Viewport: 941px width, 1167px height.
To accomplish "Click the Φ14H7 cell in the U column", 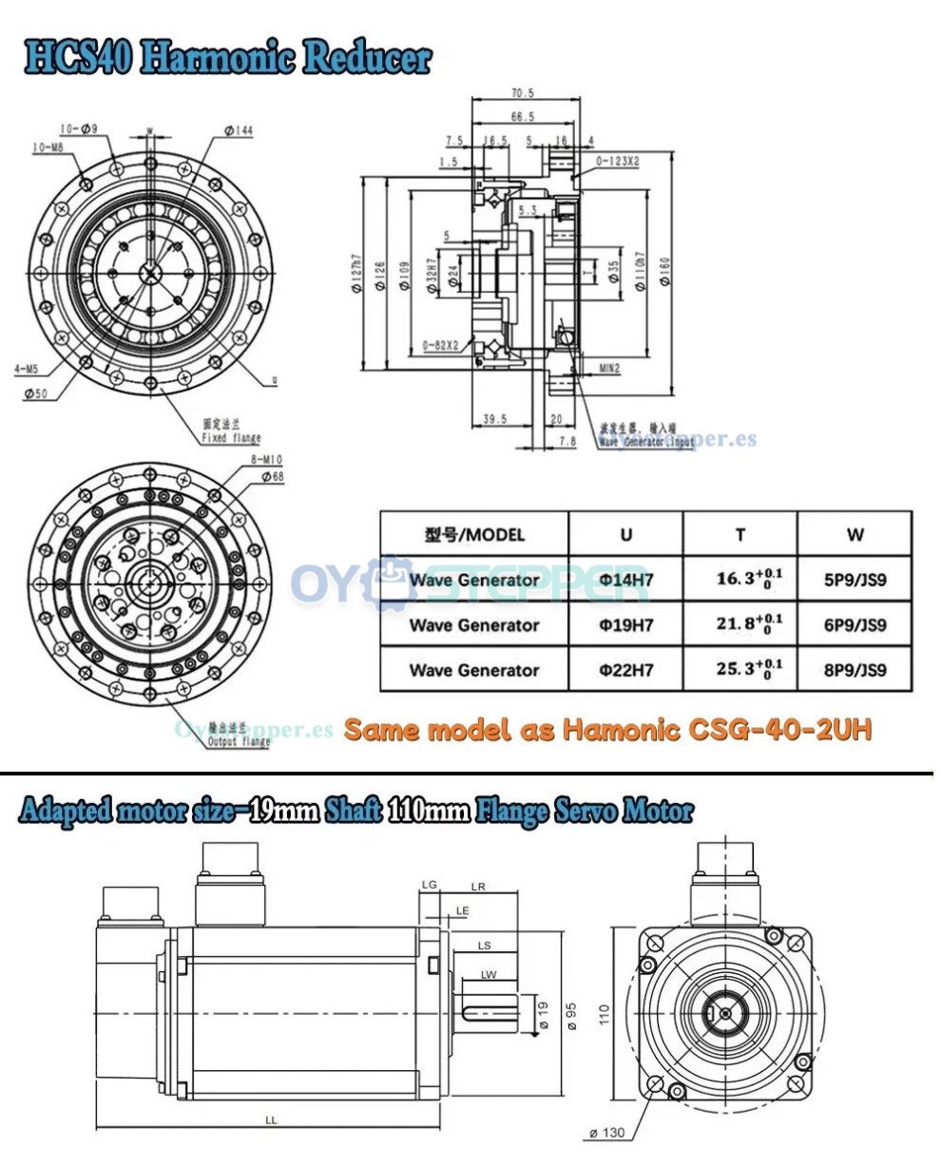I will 625,580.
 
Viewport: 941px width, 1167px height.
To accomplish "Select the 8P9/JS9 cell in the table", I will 855,670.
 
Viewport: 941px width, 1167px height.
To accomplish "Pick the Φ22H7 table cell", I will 625,670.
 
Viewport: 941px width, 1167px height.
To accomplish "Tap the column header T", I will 739,534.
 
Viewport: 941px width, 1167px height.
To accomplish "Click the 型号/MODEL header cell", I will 474,534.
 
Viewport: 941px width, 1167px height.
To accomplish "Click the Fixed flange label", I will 227,438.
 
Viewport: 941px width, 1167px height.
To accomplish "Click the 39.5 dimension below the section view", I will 493,418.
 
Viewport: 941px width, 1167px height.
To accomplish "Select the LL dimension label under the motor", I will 271,1120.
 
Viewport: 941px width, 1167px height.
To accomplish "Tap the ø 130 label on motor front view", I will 605,1132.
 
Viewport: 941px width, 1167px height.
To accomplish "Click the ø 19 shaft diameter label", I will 544,1015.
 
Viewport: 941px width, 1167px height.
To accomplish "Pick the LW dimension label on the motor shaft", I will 489,974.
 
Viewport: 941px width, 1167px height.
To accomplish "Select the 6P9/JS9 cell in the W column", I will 855,625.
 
